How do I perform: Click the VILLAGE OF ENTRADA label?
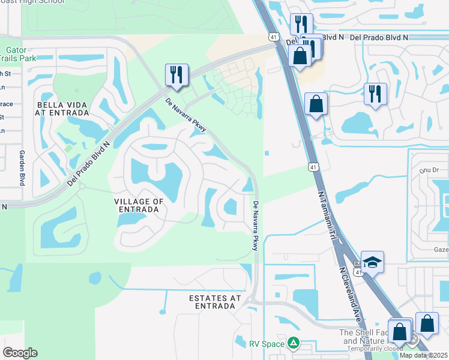pyautogui.click(x=139, y=205)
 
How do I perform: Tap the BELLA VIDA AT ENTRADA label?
pyautogui.click(x=62, y=109)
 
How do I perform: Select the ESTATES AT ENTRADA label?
pyautogui.click(x=214, y=302)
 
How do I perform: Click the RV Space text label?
pyautogui.click(x=267, y=344)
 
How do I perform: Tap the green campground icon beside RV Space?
pyautogui.click(x=293, y=343)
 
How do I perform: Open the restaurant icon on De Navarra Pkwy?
pyautogui.click(x=176, y=74)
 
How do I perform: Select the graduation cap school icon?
pyautogui.click(x=372, y=262)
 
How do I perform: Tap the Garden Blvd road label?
pyautogui.click(x=22, y=167)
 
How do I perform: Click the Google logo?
pyautogui.click(x=20, y=353)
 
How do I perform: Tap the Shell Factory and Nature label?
pyautogui.click(x=364, y=337)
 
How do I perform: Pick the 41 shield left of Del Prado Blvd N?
pyautogui.click(x=273, y=37)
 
